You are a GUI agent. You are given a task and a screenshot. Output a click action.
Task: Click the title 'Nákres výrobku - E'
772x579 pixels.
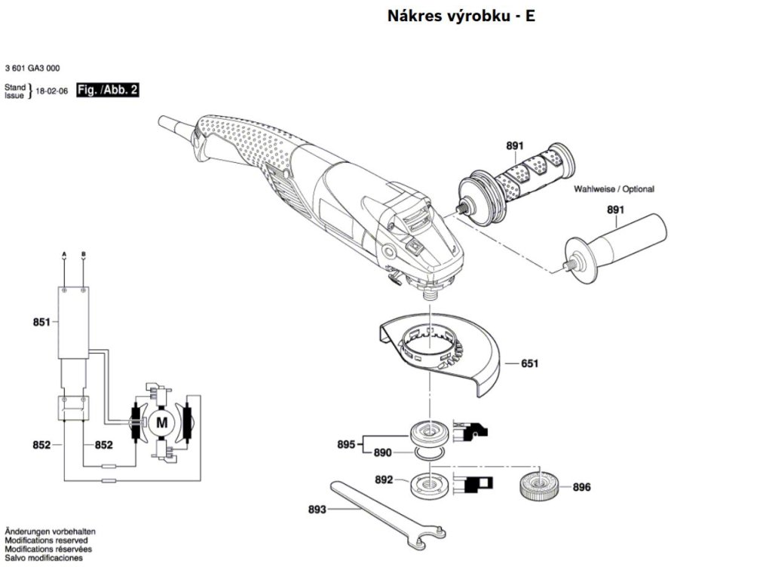click(461, 16)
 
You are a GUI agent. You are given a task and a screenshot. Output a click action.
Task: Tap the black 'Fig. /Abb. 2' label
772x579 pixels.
click(107, 90)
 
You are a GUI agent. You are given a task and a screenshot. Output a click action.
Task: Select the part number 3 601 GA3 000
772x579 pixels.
click(32, 69)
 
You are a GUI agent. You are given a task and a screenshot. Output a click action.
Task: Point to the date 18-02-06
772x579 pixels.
click(52, 91)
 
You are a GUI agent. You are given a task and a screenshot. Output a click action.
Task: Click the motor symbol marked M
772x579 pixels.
click(161, 422)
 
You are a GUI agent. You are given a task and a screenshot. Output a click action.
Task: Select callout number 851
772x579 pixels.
click(41, 322)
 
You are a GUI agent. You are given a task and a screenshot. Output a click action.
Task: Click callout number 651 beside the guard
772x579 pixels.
click(530, 363)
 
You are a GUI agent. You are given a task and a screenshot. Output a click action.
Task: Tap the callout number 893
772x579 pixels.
click(317, 509)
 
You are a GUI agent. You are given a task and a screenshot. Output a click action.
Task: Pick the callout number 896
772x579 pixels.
click(581, 487)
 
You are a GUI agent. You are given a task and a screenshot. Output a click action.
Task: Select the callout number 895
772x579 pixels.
click(346, 445)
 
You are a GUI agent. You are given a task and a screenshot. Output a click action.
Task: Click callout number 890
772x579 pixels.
click(382, 453)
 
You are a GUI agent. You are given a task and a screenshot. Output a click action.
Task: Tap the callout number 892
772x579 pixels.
click(384, 479)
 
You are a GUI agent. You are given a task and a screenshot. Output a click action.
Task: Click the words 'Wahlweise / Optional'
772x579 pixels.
click(614, 189)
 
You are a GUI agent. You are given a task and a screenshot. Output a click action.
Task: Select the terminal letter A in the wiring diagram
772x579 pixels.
click(64, 255)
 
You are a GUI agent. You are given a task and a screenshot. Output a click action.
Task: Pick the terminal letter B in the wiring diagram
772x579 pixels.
click(83, 255)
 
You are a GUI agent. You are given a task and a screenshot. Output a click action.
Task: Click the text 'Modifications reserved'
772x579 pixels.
click(46, 541)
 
